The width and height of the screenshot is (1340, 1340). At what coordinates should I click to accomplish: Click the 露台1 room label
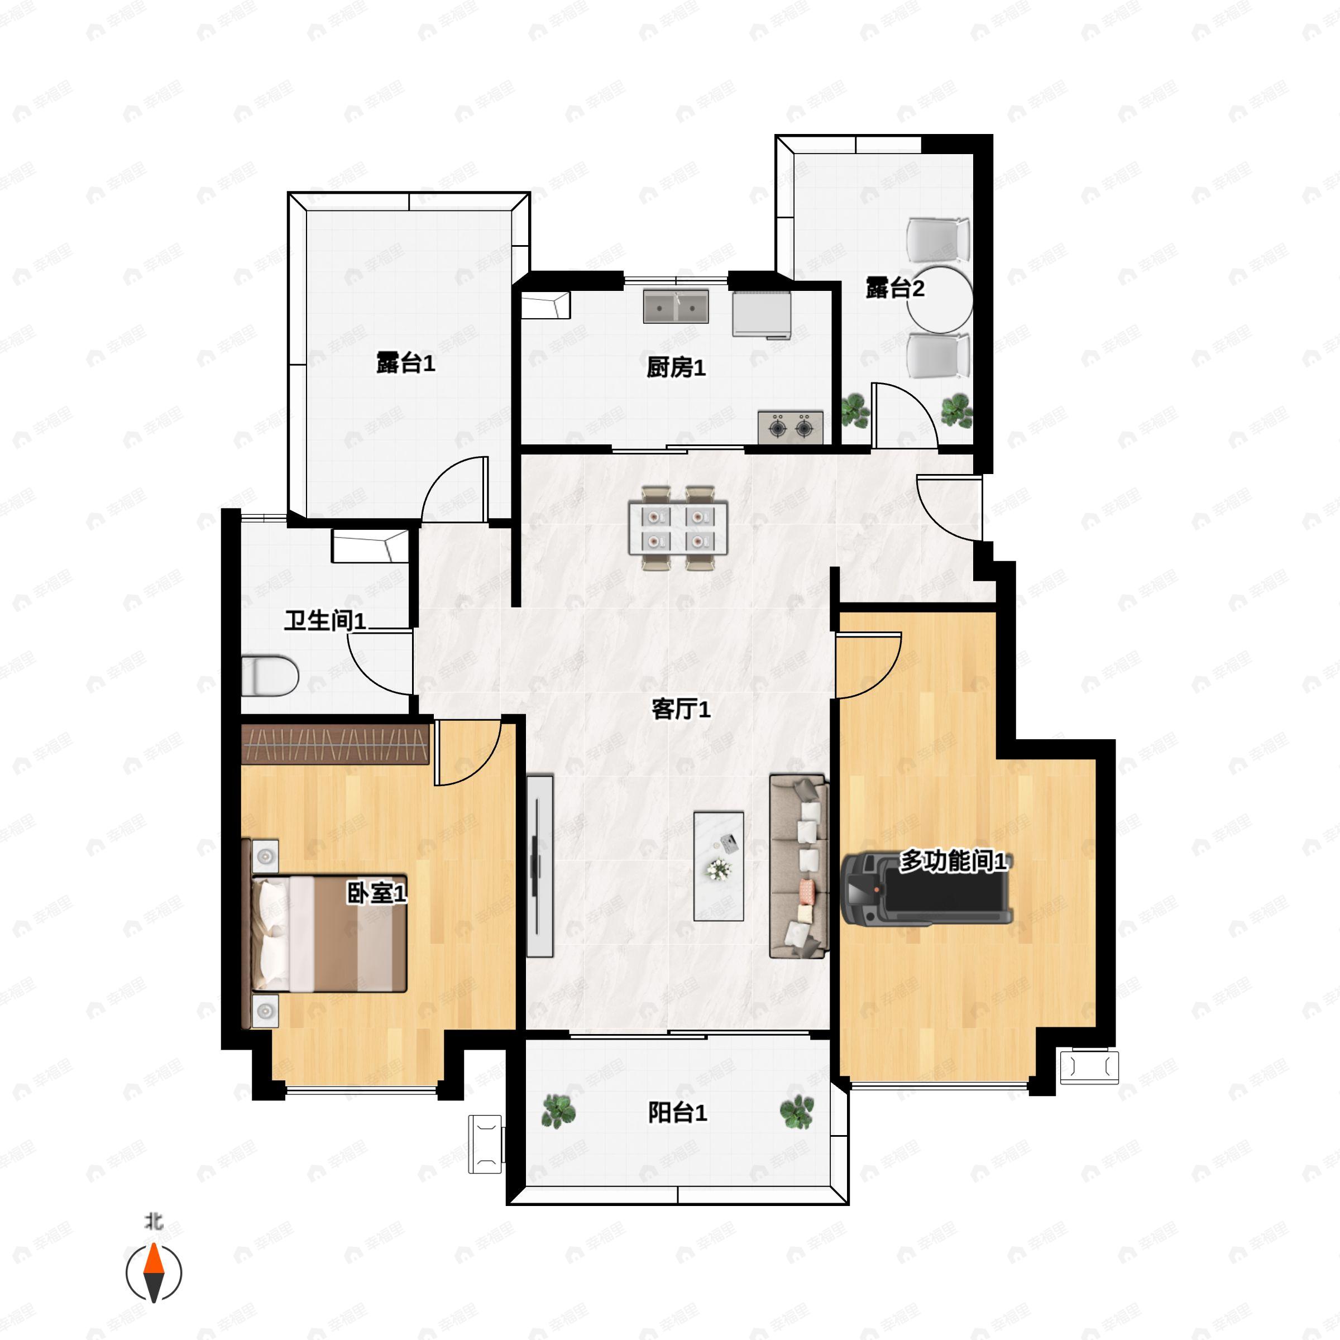(406, 363)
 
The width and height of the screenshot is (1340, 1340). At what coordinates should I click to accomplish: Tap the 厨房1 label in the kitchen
(676, 367)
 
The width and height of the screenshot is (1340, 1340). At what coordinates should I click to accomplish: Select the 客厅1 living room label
(681, 709)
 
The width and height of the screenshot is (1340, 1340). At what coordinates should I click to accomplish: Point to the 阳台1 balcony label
(678, 1113)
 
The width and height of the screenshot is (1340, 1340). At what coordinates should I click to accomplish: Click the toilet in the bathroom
(270, 676)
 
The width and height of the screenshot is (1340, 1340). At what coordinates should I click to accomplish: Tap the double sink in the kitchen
(676, 307)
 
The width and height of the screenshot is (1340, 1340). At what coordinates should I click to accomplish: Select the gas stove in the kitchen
(791, 427)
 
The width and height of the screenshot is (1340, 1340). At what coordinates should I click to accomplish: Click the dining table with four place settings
(678, 528)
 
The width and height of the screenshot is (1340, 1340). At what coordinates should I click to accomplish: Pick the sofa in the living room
(799, 867)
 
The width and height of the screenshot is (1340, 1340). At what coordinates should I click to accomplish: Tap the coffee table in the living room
(719, 867)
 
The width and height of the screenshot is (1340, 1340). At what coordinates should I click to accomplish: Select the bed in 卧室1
(324, 933)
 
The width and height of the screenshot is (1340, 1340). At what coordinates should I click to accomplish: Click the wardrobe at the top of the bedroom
(336, 744)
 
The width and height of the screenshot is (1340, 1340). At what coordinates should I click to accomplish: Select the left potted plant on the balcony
(558, 1111)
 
